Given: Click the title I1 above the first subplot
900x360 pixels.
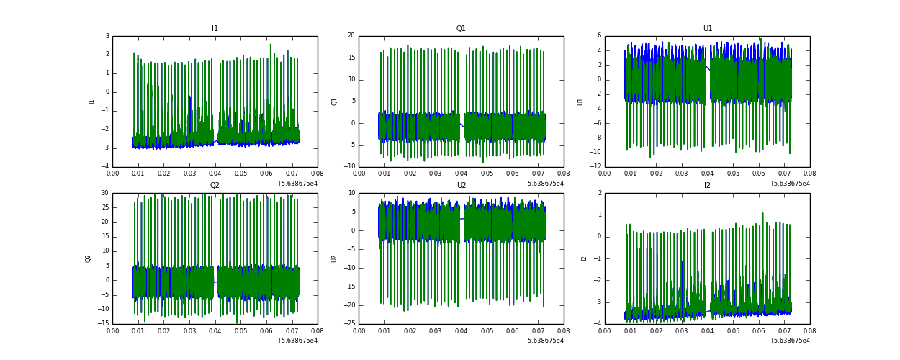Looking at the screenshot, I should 215,29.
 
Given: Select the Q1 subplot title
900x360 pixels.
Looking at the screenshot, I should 461,29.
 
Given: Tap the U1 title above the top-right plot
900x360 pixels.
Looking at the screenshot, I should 707,29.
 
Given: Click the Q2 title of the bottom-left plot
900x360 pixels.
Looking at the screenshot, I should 215,186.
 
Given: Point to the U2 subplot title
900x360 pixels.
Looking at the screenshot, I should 461,186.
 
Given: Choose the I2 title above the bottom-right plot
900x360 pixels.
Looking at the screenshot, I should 707,186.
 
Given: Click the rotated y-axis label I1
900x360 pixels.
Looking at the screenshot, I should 91,102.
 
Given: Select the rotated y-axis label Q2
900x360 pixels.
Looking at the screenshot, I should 88,258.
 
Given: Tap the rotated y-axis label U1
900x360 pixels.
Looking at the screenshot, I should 580,102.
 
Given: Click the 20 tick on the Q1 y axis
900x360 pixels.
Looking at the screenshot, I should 351,36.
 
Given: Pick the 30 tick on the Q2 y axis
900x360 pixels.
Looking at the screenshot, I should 104,193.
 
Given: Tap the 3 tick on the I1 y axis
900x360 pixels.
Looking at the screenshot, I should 107,36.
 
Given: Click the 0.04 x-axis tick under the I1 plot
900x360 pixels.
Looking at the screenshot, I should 215,174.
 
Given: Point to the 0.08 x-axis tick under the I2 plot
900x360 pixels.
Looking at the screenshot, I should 809,330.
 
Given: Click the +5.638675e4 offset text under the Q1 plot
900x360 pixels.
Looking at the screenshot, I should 544,184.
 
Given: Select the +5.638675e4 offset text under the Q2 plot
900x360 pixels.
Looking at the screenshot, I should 297,341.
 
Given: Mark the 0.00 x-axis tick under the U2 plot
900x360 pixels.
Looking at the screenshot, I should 359,330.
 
